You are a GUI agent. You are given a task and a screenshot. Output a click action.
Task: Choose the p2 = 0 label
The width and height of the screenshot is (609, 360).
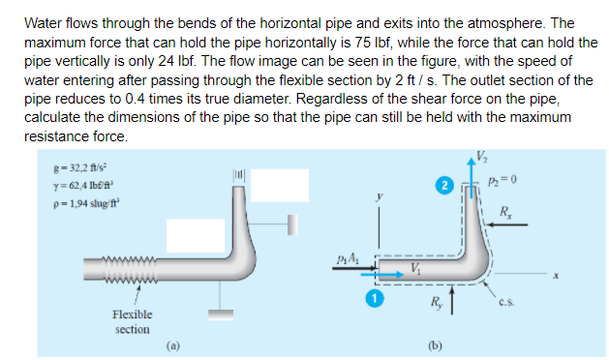pyautogui.click(x=508, y=182)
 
